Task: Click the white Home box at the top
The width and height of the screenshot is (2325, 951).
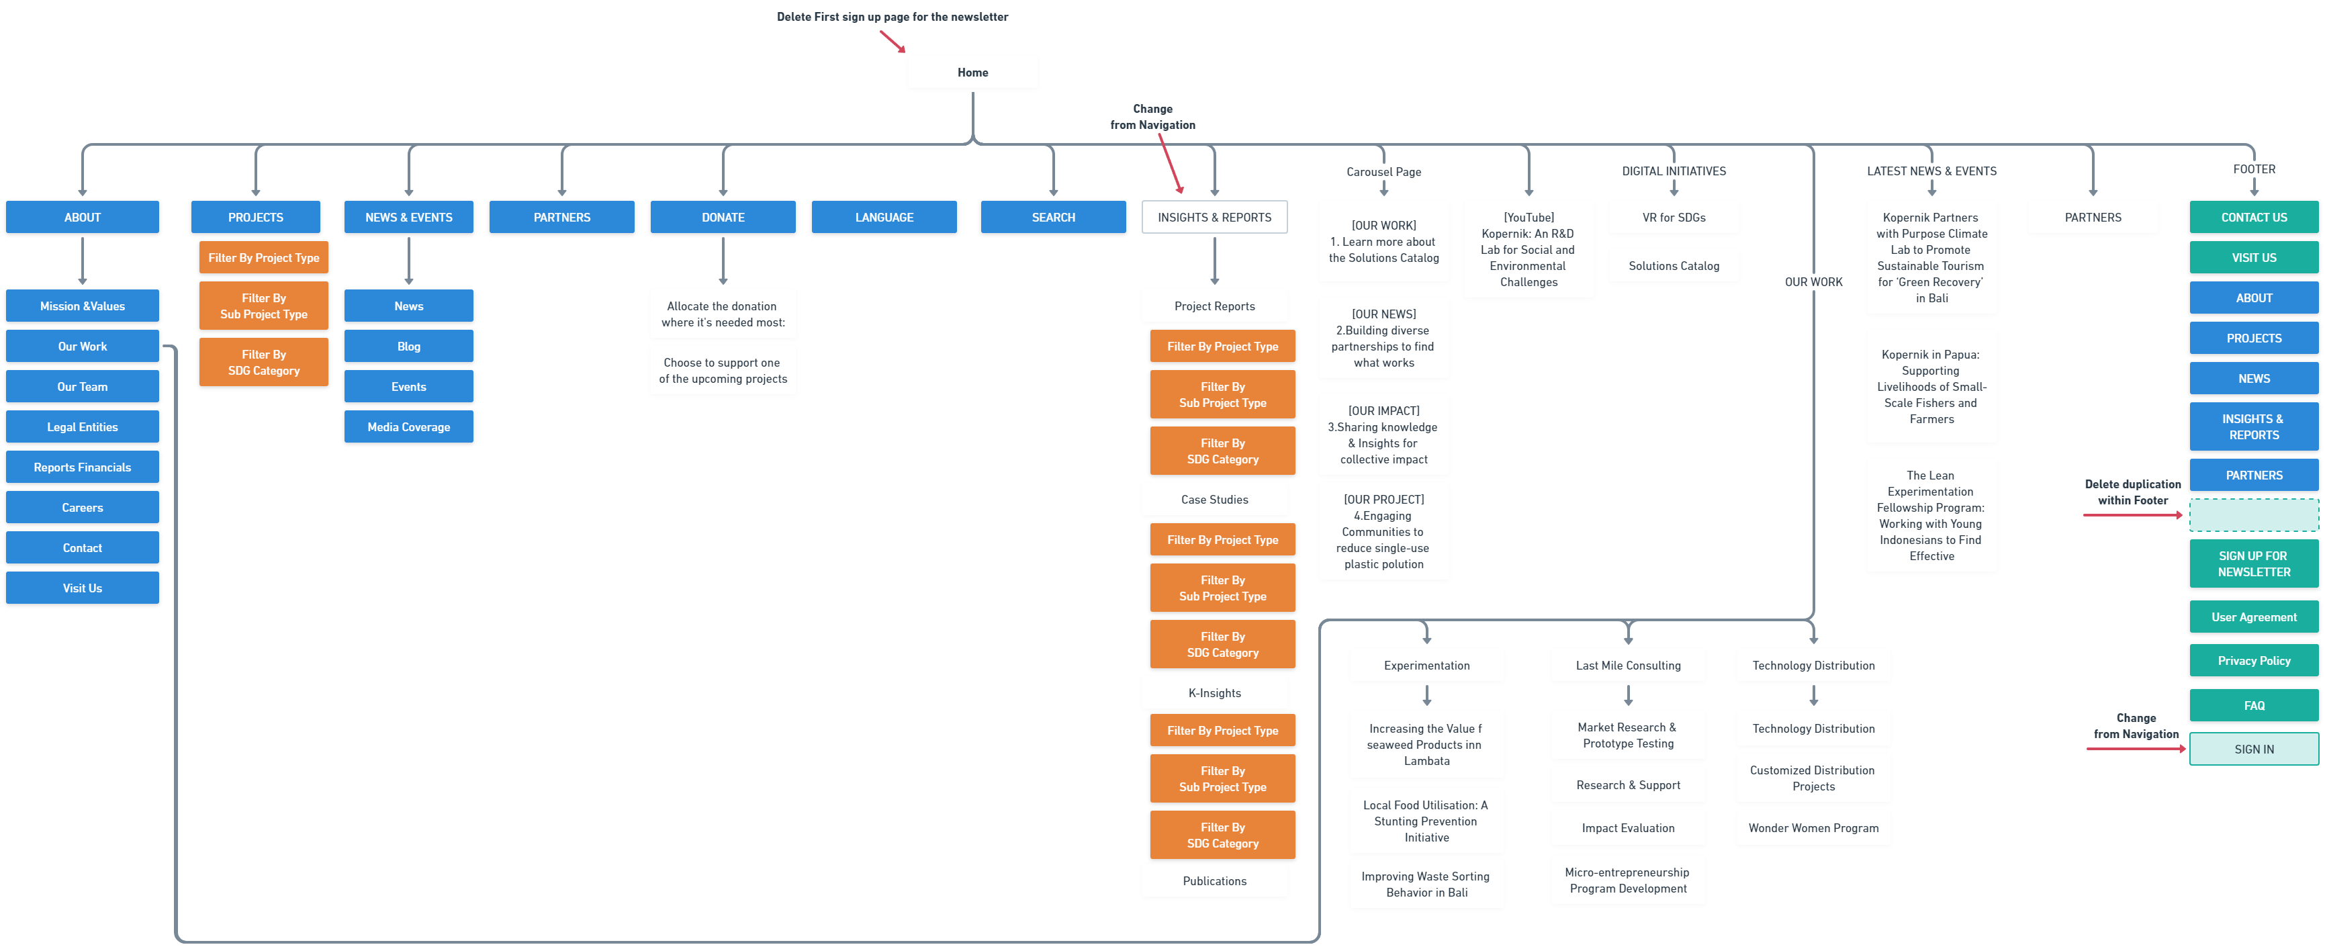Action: pyautogui.click(x=972, y=72)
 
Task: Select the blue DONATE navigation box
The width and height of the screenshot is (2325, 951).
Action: pyautogui.click(x=722, y=218)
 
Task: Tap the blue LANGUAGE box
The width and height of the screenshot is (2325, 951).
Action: pyautogui.click(x=884, y=218)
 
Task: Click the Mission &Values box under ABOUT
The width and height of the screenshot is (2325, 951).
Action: pyautogui.click(x=82, y=306)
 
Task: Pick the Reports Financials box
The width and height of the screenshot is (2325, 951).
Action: pyautogui.click(x=82, y=467)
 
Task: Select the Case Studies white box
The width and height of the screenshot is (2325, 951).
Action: pyautogui.click(x=1214, y=499)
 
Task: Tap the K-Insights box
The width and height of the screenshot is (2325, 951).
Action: pyautogui.click(x=1214, y=693)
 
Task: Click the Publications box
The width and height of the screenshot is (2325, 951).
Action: pyautogui.click(x=1214, y=880)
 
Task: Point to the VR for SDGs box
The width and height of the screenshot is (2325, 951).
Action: pyautogui.click(x=1674, y=218)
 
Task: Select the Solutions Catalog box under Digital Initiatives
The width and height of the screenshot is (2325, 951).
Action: pyautogui.click(x=1674, y=265)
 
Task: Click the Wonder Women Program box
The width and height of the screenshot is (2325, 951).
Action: pyautogui.click(x=1813, y=827)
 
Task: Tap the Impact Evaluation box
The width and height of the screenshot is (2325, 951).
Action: pyautogui.click(x=1627, y=827)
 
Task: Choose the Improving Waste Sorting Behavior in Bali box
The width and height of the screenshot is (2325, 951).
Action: pyautogui.click(x=1426, y=885)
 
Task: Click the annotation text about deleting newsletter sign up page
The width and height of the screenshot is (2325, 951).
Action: pyautogui.click(x=892, y=16)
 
